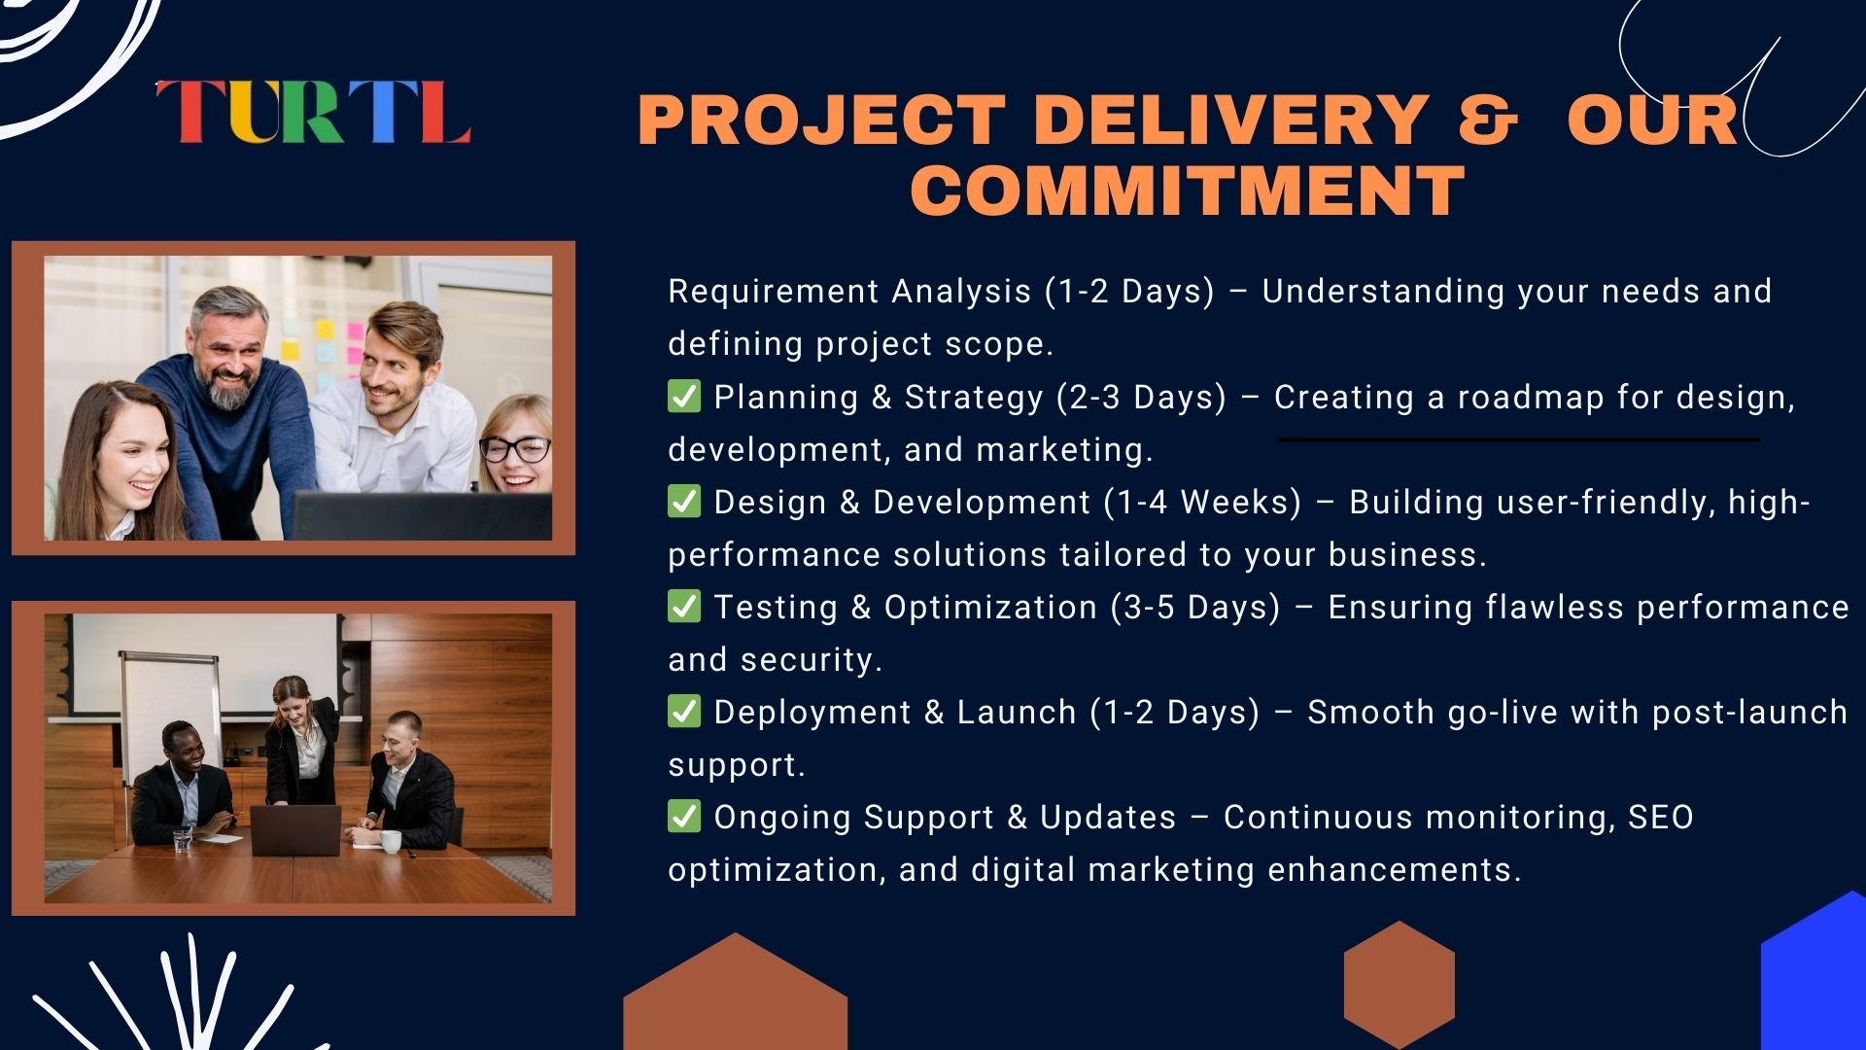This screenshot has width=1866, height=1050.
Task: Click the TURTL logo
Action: coord(313,112)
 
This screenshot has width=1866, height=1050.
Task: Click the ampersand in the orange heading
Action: coord(1487,120)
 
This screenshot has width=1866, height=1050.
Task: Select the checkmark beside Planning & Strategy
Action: coord(684,397)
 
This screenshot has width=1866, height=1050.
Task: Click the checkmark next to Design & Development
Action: coord(684,502)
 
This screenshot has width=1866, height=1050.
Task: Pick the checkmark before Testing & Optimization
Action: coord(684,607)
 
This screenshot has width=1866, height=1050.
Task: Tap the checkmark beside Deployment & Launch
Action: coord(684,712)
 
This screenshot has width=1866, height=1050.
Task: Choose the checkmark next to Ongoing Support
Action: coord(684,817)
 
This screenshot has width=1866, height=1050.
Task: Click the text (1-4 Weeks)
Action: coord(1203,503)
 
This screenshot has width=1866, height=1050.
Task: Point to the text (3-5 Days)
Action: coord(1196,608)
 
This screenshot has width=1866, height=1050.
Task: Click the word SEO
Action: coord(1661,818)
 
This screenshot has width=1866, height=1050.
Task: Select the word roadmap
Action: coord(1531,399)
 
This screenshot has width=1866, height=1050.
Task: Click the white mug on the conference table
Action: coord(390,841)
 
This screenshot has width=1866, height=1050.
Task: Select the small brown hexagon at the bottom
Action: coord(1399,984)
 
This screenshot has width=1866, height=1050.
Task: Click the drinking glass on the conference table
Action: coord(182,841)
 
